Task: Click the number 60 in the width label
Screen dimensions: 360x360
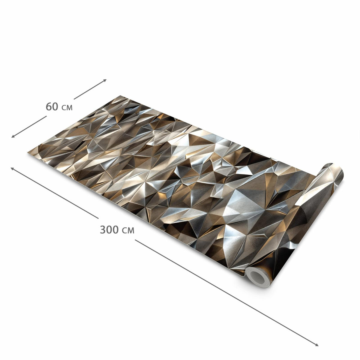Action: pos(52,107)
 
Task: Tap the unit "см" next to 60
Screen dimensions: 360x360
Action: pos(67,108)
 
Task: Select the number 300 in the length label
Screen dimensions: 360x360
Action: pos(109,229)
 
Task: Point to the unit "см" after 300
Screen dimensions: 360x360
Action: pos(128,230)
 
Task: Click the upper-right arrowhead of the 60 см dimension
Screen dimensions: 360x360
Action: pos(105,80)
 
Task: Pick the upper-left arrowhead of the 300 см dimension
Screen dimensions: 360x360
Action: pos(12,169)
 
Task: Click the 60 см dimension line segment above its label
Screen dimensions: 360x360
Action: pos(90,89)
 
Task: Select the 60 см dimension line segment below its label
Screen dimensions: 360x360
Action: pos(29,127)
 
